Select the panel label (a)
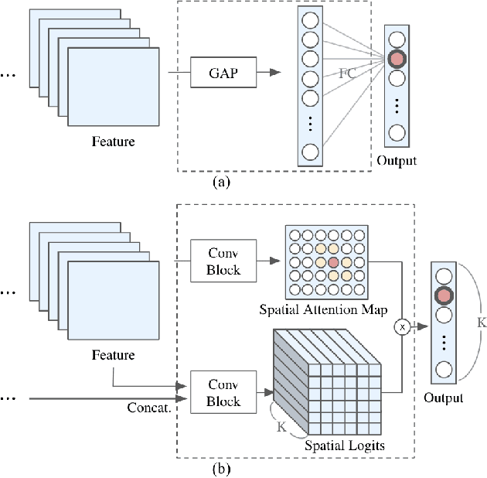pyautogui.click(x=222, y=183)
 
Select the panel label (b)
pyautogui.click(x=222, y=468)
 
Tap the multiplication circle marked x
pyautogui.click(x=402, y=327)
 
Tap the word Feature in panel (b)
pyautogui.click(x=114, y=355)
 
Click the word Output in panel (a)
pyautogui.click(x=397, y=161)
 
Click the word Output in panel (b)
pyautogui.click(x=443, y=398)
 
